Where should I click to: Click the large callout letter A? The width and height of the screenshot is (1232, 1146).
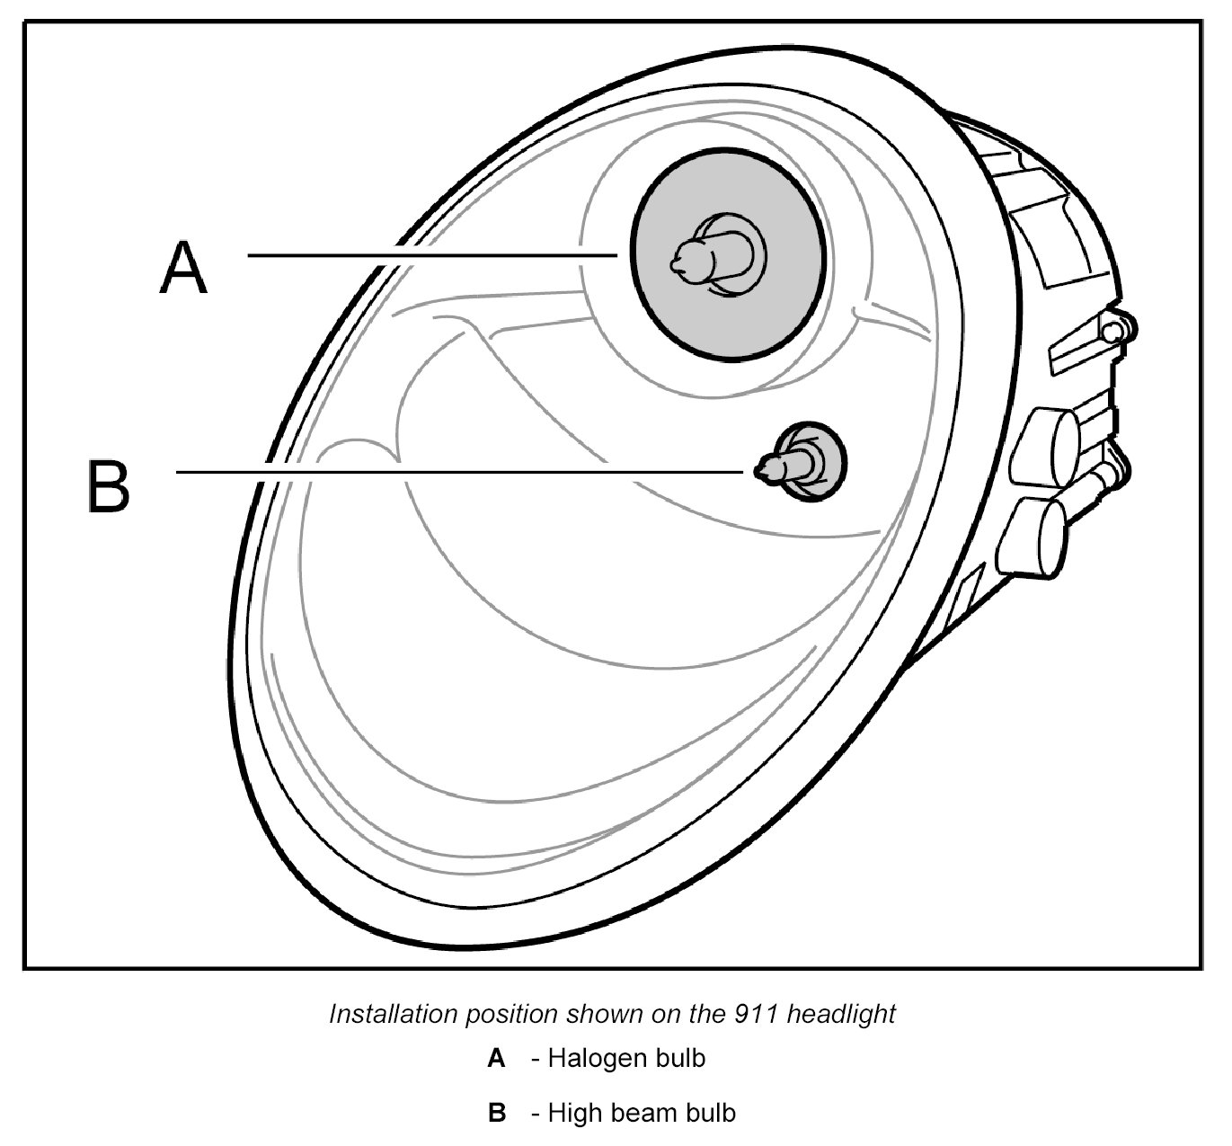[184, 268]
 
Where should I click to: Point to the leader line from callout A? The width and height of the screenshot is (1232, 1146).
[431, 255]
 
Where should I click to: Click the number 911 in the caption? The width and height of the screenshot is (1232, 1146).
[745, 1014]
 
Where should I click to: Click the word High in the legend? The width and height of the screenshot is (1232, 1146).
[575, 1113]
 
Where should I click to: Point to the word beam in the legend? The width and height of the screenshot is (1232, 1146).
[642, 1113]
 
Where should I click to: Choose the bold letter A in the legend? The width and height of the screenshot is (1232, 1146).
[496, 1059]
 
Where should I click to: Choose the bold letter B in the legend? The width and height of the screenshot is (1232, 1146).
[497, 1113]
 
